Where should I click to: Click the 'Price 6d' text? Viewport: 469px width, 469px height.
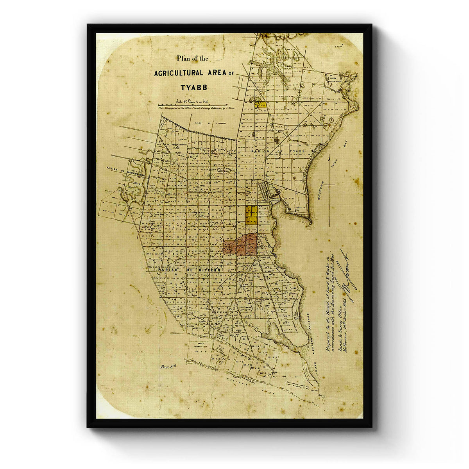pyautogui.click(x=168, y=367)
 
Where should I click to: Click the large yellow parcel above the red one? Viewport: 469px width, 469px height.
pyautogui.click(x=251, y=215)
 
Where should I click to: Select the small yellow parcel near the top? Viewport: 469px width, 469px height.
pyautogui.click(x=260, y=104)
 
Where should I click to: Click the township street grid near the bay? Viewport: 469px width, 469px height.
pyautogui.click(x=270, y=192)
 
